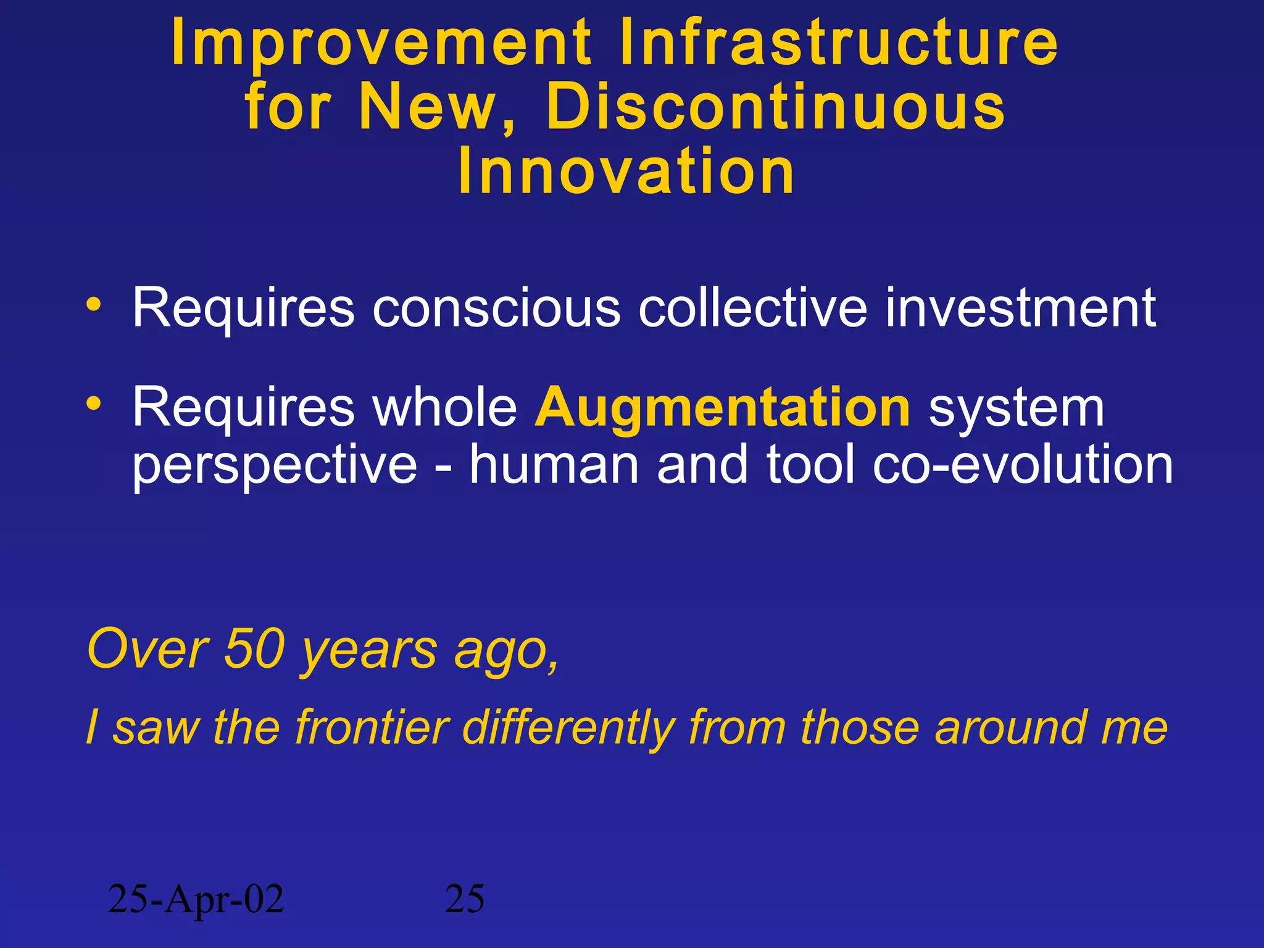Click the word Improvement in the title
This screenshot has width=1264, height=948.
click(x=381, y=43)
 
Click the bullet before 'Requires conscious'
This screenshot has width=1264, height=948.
click(x=93, y=304)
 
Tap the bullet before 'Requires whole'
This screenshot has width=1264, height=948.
click(x=93, y=404)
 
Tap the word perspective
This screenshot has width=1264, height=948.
click(x=275, y=466)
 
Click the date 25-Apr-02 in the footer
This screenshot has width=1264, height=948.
click(x=196, y=899)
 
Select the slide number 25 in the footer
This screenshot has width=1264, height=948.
click(x=465, y=899)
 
